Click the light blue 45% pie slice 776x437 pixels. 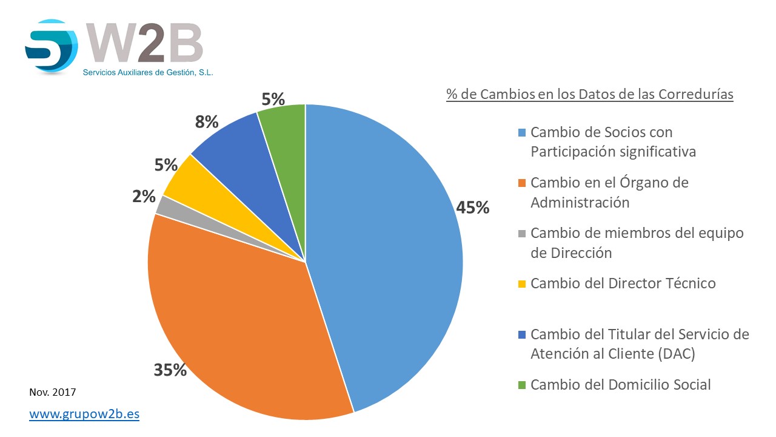[382, 255]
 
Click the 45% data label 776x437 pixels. [473, 208]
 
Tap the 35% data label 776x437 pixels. [170, 370]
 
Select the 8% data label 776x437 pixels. [206, 122]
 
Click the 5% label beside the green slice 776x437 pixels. [273, 98]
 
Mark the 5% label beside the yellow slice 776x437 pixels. [166, 164]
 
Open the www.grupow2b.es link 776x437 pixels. [84, 415]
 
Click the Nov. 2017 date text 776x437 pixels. [53, 392]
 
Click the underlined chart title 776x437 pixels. [589, 95]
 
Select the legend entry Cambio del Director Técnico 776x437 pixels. [623, 283]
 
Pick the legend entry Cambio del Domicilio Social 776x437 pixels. [620, 384]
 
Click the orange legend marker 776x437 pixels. [523, 183]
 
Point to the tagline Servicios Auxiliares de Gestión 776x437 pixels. [148, 72]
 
